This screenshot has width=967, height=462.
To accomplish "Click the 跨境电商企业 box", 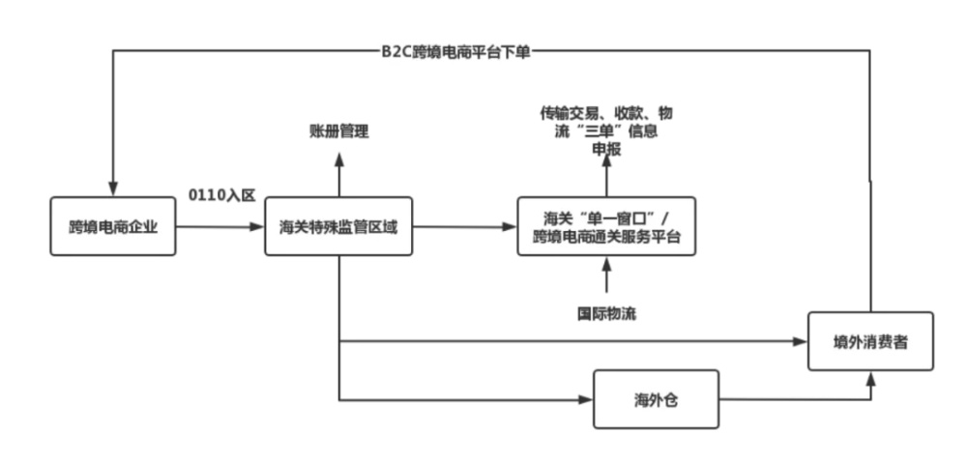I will click(113, 227).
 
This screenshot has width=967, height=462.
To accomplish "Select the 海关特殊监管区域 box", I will click(337, 227).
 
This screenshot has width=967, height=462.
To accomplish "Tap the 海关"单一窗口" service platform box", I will click(606, 227).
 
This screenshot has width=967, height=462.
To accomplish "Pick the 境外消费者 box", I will click(870, 341).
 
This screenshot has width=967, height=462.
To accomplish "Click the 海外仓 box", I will click(656, 398).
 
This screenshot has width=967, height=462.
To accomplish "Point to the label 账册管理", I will click(338, 130).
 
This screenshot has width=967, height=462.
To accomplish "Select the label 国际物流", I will click(607, 313).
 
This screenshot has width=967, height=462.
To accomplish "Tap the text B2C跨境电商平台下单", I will click(455, 51).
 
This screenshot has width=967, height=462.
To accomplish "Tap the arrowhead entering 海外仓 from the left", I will click(586, 398).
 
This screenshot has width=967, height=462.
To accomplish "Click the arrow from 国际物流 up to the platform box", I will click(607, 277).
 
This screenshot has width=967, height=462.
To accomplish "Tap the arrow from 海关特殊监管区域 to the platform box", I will click(464, 227).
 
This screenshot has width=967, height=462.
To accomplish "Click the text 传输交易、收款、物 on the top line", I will click(606, 113).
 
